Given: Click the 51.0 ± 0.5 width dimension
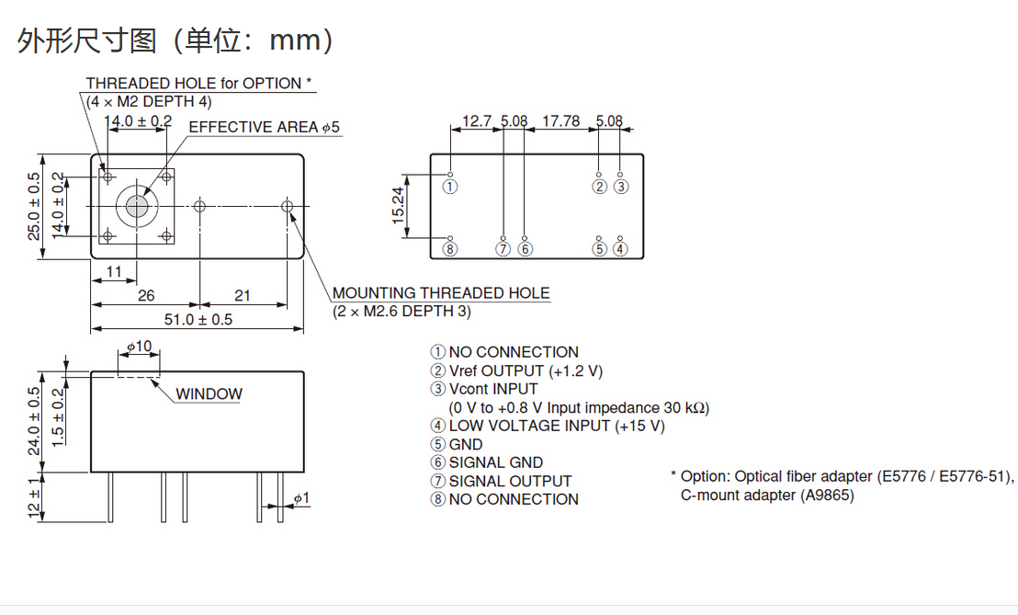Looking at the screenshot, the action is (x=198, y=320).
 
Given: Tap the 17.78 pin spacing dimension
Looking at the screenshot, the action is (x=561, y=121).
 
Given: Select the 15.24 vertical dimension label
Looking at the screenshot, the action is (x=398, y=206).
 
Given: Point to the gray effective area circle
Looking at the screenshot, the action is (x=136, y=207).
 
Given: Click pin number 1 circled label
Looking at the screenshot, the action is (x=450, y=187).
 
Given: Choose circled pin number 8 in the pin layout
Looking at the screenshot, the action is (x=450, y=249).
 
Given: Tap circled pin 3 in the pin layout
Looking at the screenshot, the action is (x=621, y=187).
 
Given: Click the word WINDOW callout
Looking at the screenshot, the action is (x=209, y=394).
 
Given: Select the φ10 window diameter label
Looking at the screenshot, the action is (x=139, y=347).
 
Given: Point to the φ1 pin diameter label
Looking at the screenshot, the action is (x=302, y=498).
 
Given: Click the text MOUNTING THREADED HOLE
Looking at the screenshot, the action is (x=441, y=293).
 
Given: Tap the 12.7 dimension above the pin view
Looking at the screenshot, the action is (x=477, y=121).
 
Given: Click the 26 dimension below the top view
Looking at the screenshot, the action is (x=146, y=296).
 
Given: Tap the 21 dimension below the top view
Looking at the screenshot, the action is (x=243, y=296).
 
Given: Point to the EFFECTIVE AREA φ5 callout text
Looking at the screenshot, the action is (x=265, y=127).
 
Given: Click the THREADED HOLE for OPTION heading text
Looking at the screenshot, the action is (x=198, y=84).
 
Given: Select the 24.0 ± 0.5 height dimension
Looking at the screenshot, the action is (x=34, y=421).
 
